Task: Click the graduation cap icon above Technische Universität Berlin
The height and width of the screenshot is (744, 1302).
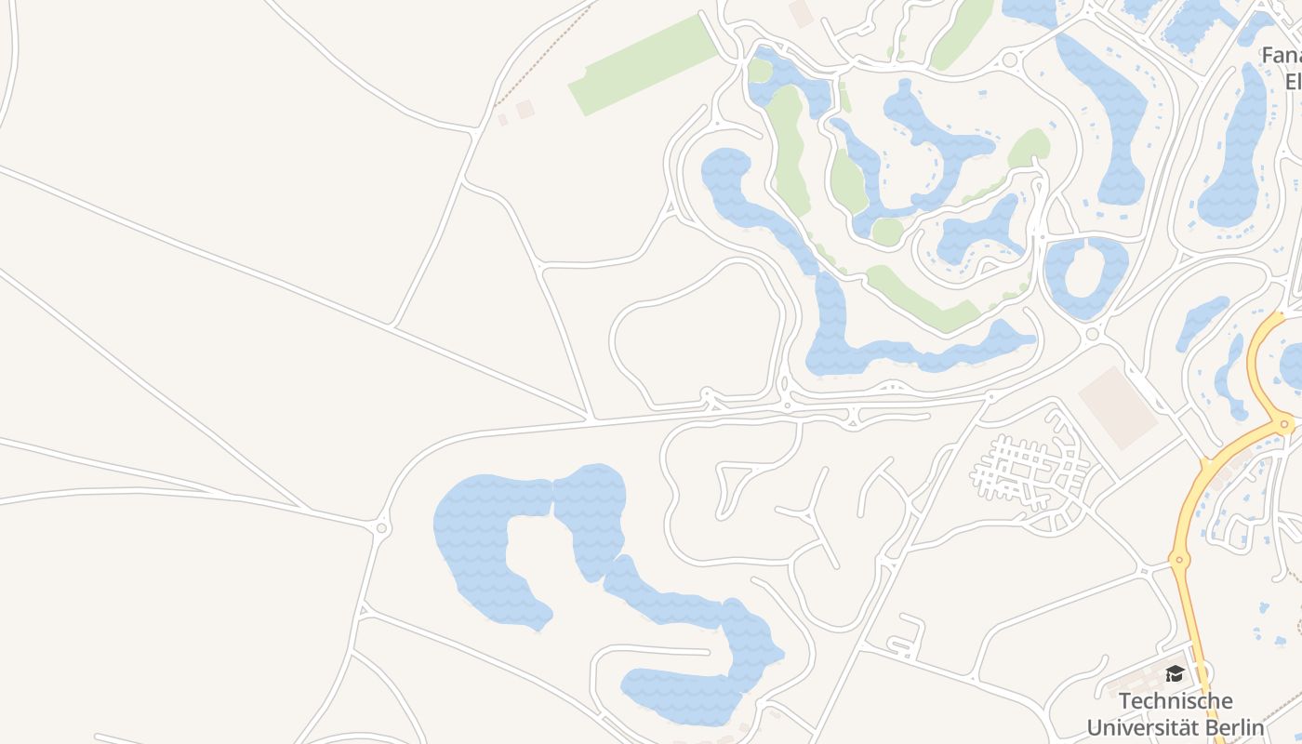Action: pos(1175,673)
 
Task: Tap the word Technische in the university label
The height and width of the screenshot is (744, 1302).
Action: pos(1176,700)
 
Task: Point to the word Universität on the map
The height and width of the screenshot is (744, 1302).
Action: pos(1142,726)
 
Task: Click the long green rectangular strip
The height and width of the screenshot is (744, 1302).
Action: pos(644,65)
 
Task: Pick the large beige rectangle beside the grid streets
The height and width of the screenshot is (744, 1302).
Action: pos(1117,406)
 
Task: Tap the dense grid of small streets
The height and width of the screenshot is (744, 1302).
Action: pos(1028,470)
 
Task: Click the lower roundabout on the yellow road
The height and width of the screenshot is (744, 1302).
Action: pos(1179,560)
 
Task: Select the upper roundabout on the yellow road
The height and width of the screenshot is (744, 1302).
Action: pos(1285,424)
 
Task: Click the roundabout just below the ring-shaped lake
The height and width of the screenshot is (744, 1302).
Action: pos(1092,333)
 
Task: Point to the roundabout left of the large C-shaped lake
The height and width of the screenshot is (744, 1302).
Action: pos(381,528)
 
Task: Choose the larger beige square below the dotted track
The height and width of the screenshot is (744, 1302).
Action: pos(525,109)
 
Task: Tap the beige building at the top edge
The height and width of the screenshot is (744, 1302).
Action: pos(800,12)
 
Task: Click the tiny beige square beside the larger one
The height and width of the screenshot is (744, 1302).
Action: pos(503,120)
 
